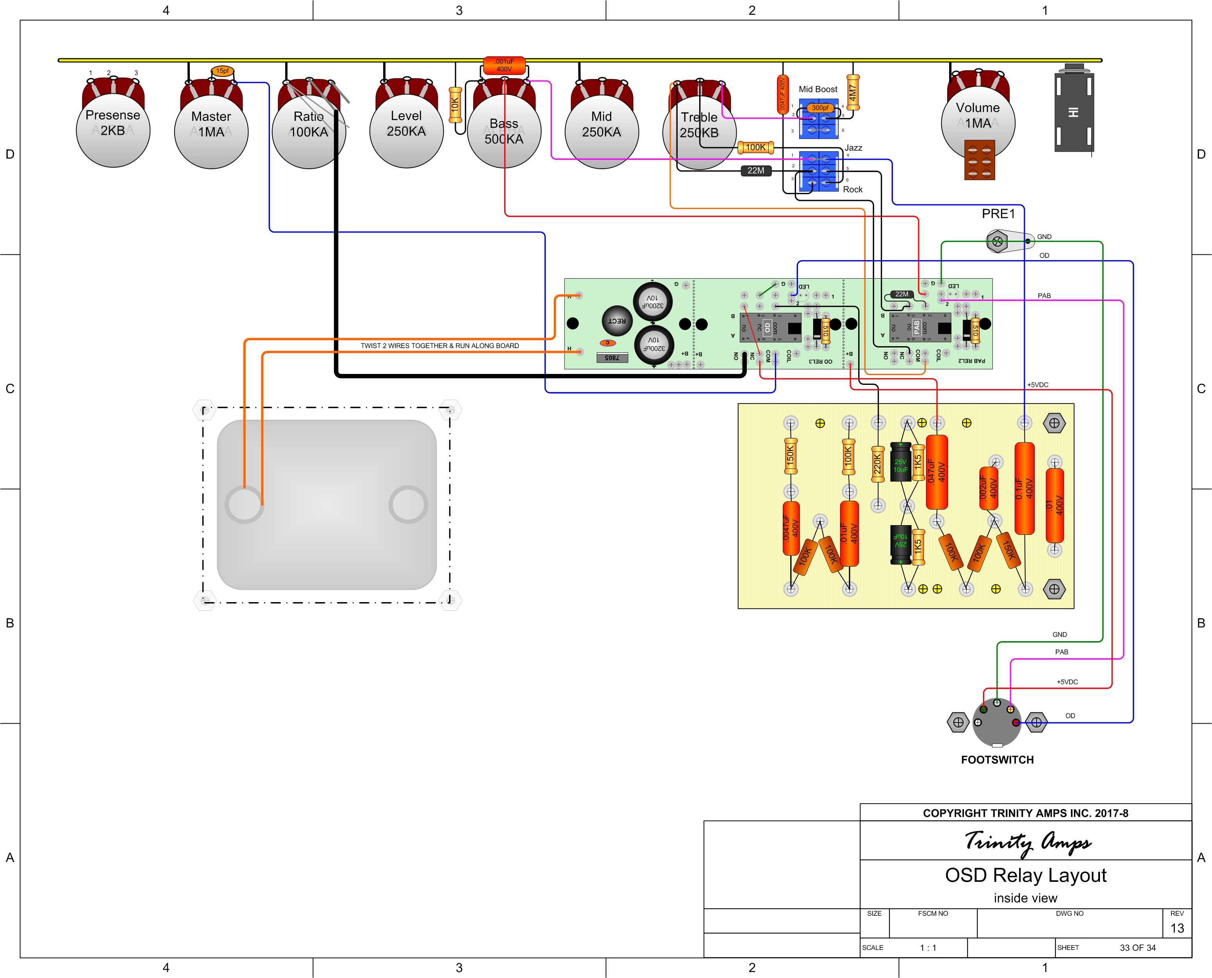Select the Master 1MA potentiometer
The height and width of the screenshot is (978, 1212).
pos(211,131)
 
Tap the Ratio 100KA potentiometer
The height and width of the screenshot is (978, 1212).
pos(309,131)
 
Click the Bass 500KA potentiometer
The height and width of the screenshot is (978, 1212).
pos(504,131)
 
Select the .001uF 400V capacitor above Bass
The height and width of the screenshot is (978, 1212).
pos(504,65)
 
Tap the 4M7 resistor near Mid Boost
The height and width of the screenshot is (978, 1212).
pos(853,92)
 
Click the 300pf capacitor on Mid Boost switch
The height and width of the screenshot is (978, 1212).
pos(820,107)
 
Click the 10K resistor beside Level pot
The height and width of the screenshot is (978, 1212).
pos(455,105)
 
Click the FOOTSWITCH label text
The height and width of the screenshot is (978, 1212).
pos(998,760)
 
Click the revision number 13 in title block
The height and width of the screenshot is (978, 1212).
pos(1177,928)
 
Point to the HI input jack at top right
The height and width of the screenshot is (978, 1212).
pos(1074,112)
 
